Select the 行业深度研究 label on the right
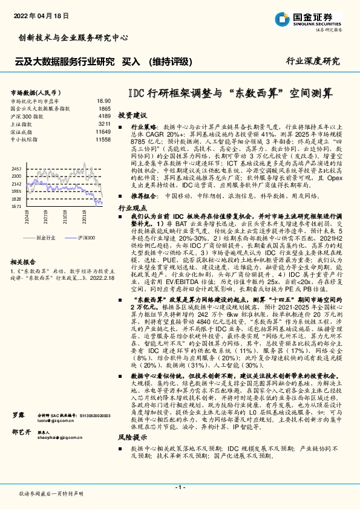[x=313, y=61]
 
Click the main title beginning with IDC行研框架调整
[x=231, y=94]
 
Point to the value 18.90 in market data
[x=103, y=101]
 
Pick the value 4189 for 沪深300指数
[x=104, y=115]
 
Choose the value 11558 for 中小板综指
[x=103, y=139]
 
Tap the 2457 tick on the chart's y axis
[x=17, y=168]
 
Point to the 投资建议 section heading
[x=133, y=114]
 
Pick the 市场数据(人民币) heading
[x=34, y=92]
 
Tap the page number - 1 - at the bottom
[x=180, y=487]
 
